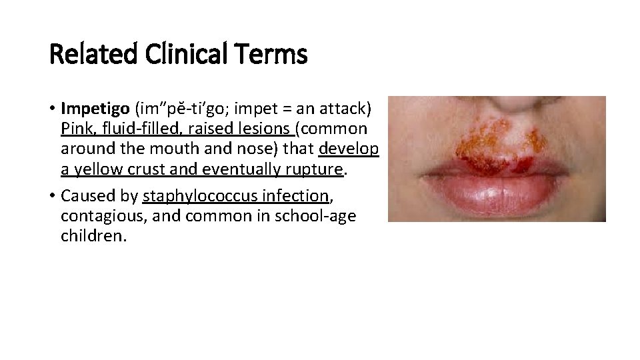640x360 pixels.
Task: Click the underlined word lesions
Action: [x=267, y=128]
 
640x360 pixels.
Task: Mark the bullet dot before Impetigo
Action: [x=52, y=108]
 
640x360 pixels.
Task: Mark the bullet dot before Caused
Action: [x=52, y=197]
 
